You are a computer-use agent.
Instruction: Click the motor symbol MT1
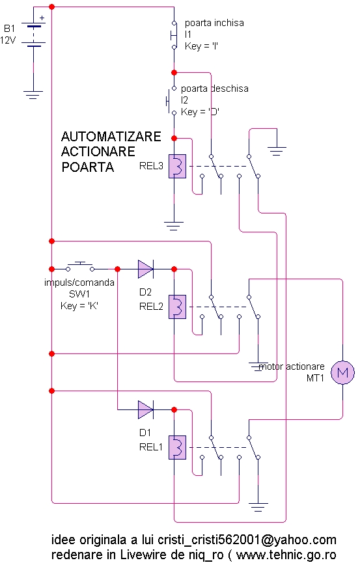point(342,372)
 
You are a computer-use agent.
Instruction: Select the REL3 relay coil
point(177,166)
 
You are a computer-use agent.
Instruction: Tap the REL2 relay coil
point(177,307)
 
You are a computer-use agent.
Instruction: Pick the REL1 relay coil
point(177,447)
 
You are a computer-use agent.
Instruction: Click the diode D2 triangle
point(146,269)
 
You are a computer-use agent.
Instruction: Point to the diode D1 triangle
point(146,409)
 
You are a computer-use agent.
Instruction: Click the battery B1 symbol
point(33,35)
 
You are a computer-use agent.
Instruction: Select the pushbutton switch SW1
point(80,267)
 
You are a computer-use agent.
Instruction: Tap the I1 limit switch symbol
point(173,35)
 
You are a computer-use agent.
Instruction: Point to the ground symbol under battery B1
point(33,95)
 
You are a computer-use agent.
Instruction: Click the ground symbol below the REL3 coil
point(174,226)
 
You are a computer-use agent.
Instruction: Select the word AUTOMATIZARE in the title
point(111,137)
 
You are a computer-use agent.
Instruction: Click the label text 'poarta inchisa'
point(214,23)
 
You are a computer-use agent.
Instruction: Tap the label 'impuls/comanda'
point(79,282)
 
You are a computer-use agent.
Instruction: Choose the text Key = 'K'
point(79,306)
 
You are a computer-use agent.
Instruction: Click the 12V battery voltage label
point(8,40)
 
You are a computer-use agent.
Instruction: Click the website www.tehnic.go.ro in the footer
point(286,555)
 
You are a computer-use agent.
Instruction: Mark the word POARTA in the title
point(88,167)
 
